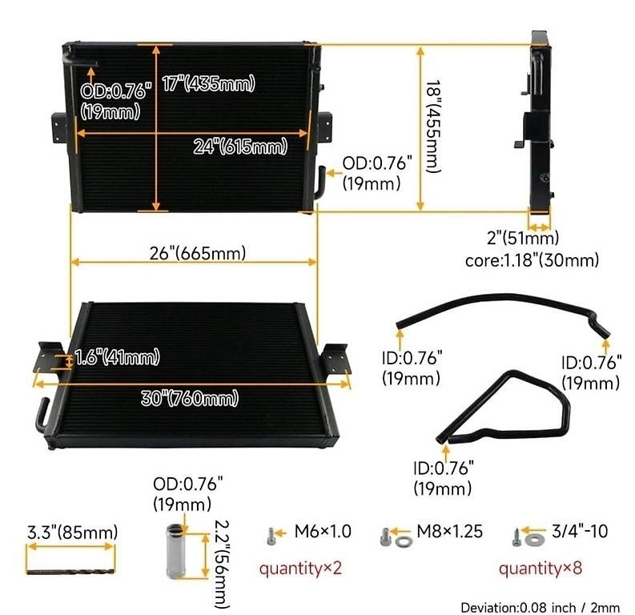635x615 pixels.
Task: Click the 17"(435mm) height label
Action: (x=208, y=84)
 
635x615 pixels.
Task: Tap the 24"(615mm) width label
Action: (x=240, y=147)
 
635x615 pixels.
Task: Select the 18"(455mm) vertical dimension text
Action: (x=433, y=127)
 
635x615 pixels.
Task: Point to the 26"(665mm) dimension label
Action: (x=198, y=254)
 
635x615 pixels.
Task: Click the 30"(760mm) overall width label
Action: (x=190, y=399)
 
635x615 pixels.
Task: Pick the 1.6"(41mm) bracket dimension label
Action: (x=118, y=357)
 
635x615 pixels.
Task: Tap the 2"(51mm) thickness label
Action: (x=522, y=238)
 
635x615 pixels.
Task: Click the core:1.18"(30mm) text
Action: (x=532, y=260)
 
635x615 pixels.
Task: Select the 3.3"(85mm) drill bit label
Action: (x=73, y=532)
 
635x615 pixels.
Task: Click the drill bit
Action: (x=70, y=572)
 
